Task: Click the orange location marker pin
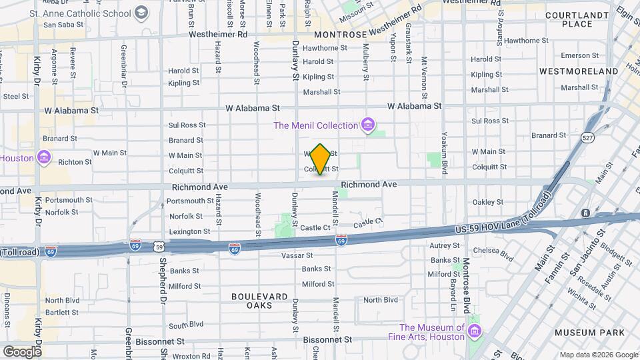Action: [321, 159]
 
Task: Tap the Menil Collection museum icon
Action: [367, 125]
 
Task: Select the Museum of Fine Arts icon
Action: [474, 331]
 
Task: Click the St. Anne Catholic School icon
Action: [141, 12]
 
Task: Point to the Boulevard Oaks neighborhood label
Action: [260, 301]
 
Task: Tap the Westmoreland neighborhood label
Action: [579, 71]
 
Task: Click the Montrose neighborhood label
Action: [340, 34]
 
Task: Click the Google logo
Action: [22, 351]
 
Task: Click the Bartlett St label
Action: [62, 312]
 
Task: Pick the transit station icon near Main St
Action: [585, 213]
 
